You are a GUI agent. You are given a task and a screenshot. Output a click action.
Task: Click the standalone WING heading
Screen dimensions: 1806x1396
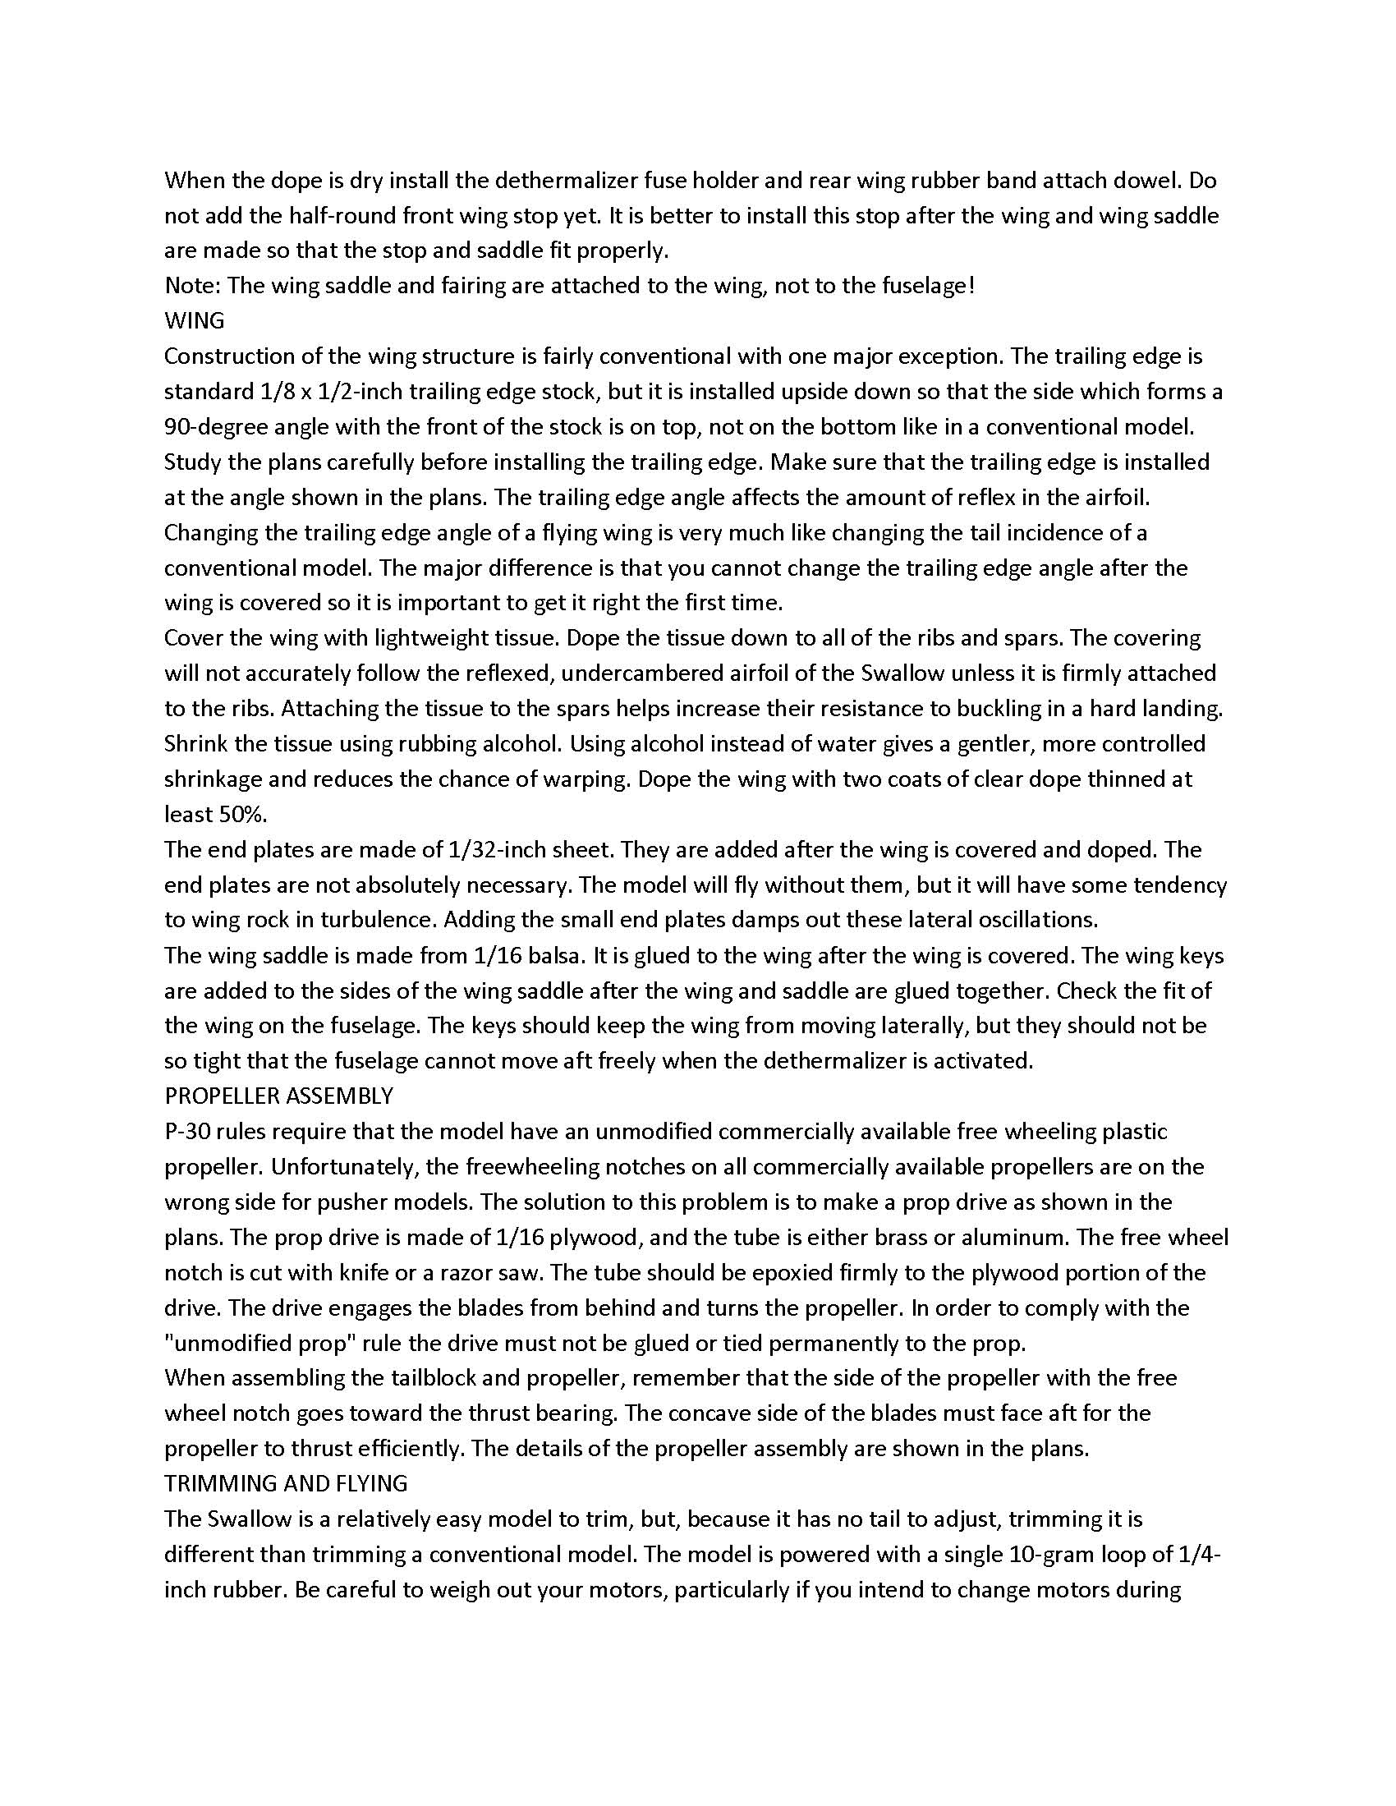[195, 321]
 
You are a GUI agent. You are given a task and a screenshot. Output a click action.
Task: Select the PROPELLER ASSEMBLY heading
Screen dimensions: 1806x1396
[278, 1096]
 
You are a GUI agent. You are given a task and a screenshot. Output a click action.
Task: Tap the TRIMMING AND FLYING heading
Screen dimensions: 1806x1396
[286, 1483]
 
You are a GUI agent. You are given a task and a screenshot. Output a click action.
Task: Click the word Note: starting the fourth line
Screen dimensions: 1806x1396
[193, 286]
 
